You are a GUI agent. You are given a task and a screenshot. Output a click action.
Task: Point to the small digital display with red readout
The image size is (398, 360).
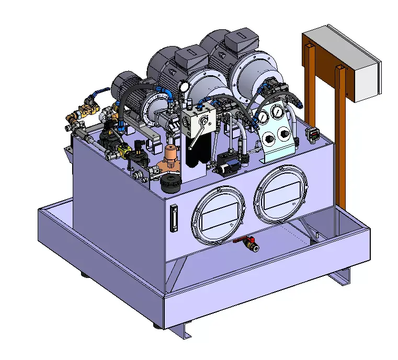point(313,135)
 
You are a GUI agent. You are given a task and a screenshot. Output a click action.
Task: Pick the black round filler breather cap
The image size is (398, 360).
point(171,183)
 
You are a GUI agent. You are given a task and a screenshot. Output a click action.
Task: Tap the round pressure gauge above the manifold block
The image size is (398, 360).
point(183,86)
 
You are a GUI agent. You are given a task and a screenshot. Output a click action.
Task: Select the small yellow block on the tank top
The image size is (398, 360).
point(124,151)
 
